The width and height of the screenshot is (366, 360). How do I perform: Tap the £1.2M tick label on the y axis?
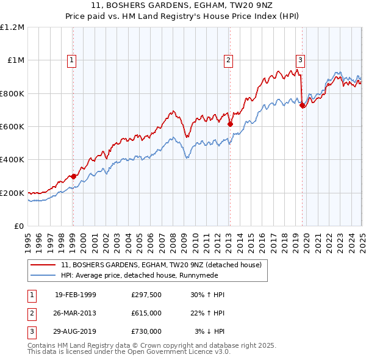tap(12, 27)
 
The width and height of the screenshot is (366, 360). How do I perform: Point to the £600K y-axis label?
tap(12, 126)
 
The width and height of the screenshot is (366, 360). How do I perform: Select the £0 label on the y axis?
tap(19, 226)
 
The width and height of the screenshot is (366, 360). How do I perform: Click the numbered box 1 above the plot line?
tap(72, 60)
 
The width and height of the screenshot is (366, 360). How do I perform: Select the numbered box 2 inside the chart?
tap(228, 60)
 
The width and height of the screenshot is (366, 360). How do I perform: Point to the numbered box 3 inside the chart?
tap(301, 60)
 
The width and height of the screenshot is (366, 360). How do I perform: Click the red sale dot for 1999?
tap(73, 176)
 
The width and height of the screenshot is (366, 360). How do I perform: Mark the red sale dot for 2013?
tap(230, 124)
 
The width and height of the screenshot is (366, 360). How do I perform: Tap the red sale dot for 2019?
tap(302, 105)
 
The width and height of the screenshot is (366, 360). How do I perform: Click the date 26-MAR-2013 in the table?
tap(75, 313)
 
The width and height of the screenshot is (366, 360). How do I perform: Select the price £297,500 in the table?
tap(146, 295)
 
